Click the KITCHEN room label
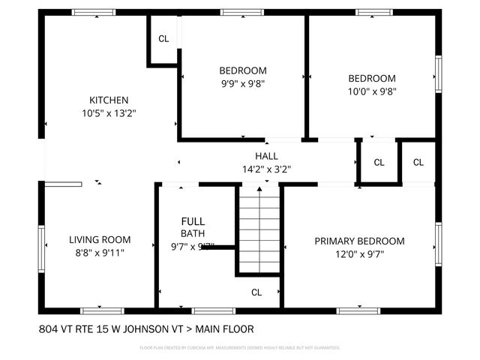point(109,100)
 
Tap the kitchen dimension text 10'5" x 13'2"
point(109,113)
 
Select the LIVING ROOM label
point(100,240)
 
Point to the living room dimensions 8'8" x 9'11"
point(100,253)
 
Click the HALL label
point(266,156)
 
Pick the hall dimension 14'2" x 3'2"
point(266,169)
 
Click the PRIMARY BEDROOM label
point(359,241)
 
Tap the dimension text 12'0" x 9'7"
point(359,255)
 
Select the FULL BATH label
point(193,227)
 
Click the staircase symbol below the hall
point(259,229)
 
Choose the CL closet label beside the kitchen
point(163,39)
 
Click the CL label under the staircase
point(256,292)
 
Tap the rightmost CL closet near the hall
point(418,163)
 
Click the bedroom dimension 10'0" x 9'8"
point(371,91)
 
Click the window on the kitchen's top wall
point(99,12)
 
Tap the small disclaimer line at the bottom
point(240,348)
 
